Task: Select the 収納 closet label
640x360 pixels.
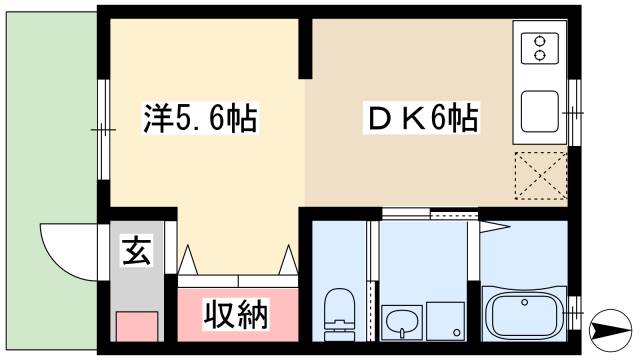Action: [237, 316]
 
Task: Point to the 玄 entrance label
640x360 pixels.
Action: [136, 250]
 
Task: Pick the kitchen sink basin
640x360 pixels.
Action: [540, 112]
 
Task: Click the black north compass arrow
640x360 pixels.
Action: [611, 326]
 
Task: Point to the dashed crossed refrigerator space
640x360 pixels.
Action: [541, 176]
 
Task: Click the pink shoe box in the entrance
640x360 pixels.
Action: [137, 328]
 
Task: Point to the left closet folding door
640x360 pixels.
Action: [193, 260]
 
